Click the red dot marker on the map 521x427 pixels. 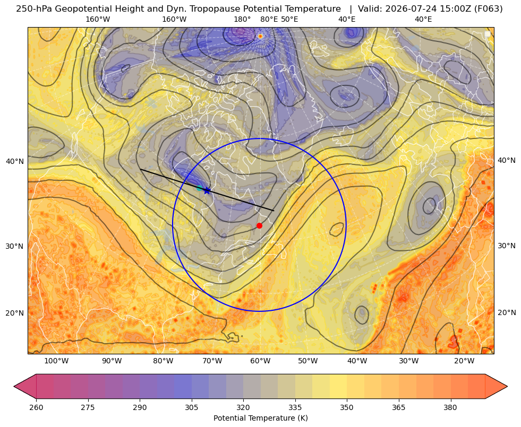pos(259,225)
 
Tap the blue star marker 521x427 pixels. pos(207,190)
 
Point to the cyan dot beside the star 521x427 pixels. pos(199,188)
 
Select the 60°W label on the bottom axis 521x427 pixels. pos(260,361)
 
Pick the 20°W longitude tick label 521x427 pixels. pos(464,361)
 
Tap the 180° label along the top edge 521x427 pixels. pos(242,19)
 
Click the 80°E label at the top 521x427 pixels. pos(269,19)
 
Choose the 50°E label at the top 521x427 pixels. pos(289,19)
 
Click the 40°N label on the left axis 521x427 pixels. pos(15,161)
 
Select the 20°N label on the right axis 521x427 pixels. pos(507,312)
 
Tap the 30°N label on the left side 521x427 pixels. pos(15,246)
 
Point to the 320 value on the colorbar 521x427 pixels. pos(243,407)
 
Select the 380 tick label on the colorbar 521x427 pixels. pos(450,407)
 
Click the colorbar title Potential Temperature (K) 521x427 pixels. pos(260,418)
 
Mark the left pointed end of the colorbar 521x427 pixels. pos(14,386)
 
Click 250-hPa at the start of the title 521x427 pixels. pos(34,9)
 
